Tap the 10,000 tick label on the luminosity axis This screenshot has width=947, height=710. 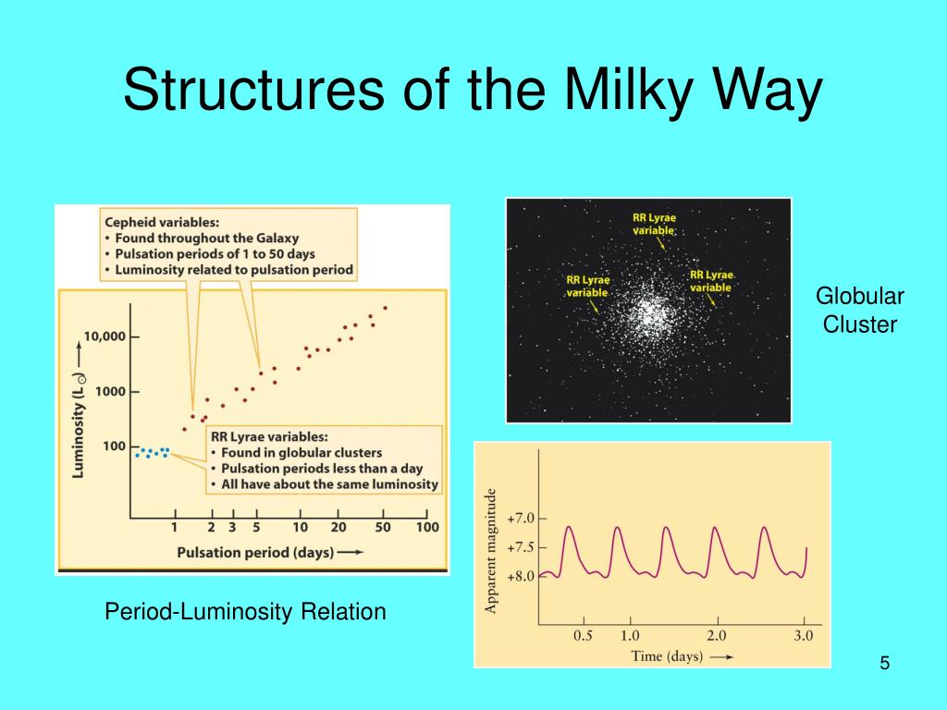104,337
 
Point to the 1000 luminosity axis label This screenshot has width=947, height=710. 111,391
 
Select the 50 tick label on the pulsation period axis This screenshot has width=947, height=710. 382,527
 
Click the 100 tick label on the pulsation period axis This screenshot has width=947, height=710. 427,527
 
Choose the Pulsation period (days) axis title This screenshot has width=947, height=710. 255,553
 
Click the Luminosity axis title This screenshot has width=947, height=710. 79,426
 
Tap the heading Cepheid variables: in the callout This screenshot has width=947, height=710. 162,222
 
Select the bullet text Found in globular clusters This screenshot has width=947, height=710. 301,453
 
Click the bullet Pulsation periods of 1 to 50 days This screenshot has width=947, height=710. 215,253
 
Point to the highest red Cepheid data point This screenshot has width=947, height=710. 386,308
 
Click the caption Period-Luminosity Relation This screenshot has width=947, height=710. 245,612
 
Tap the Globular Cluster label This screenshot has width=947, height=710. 860,311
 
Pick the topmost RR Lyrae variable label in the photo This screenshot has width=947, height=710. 654,224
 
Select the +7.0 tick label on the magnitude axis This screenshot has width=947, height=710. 522,519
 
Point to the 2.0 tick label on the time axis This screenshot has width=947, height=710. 717,636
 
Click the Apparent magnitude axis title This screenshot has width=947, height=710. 490,551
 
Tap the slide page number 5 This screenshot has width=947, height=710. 885,663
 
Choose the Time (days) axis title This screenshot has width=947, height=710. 667,656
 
